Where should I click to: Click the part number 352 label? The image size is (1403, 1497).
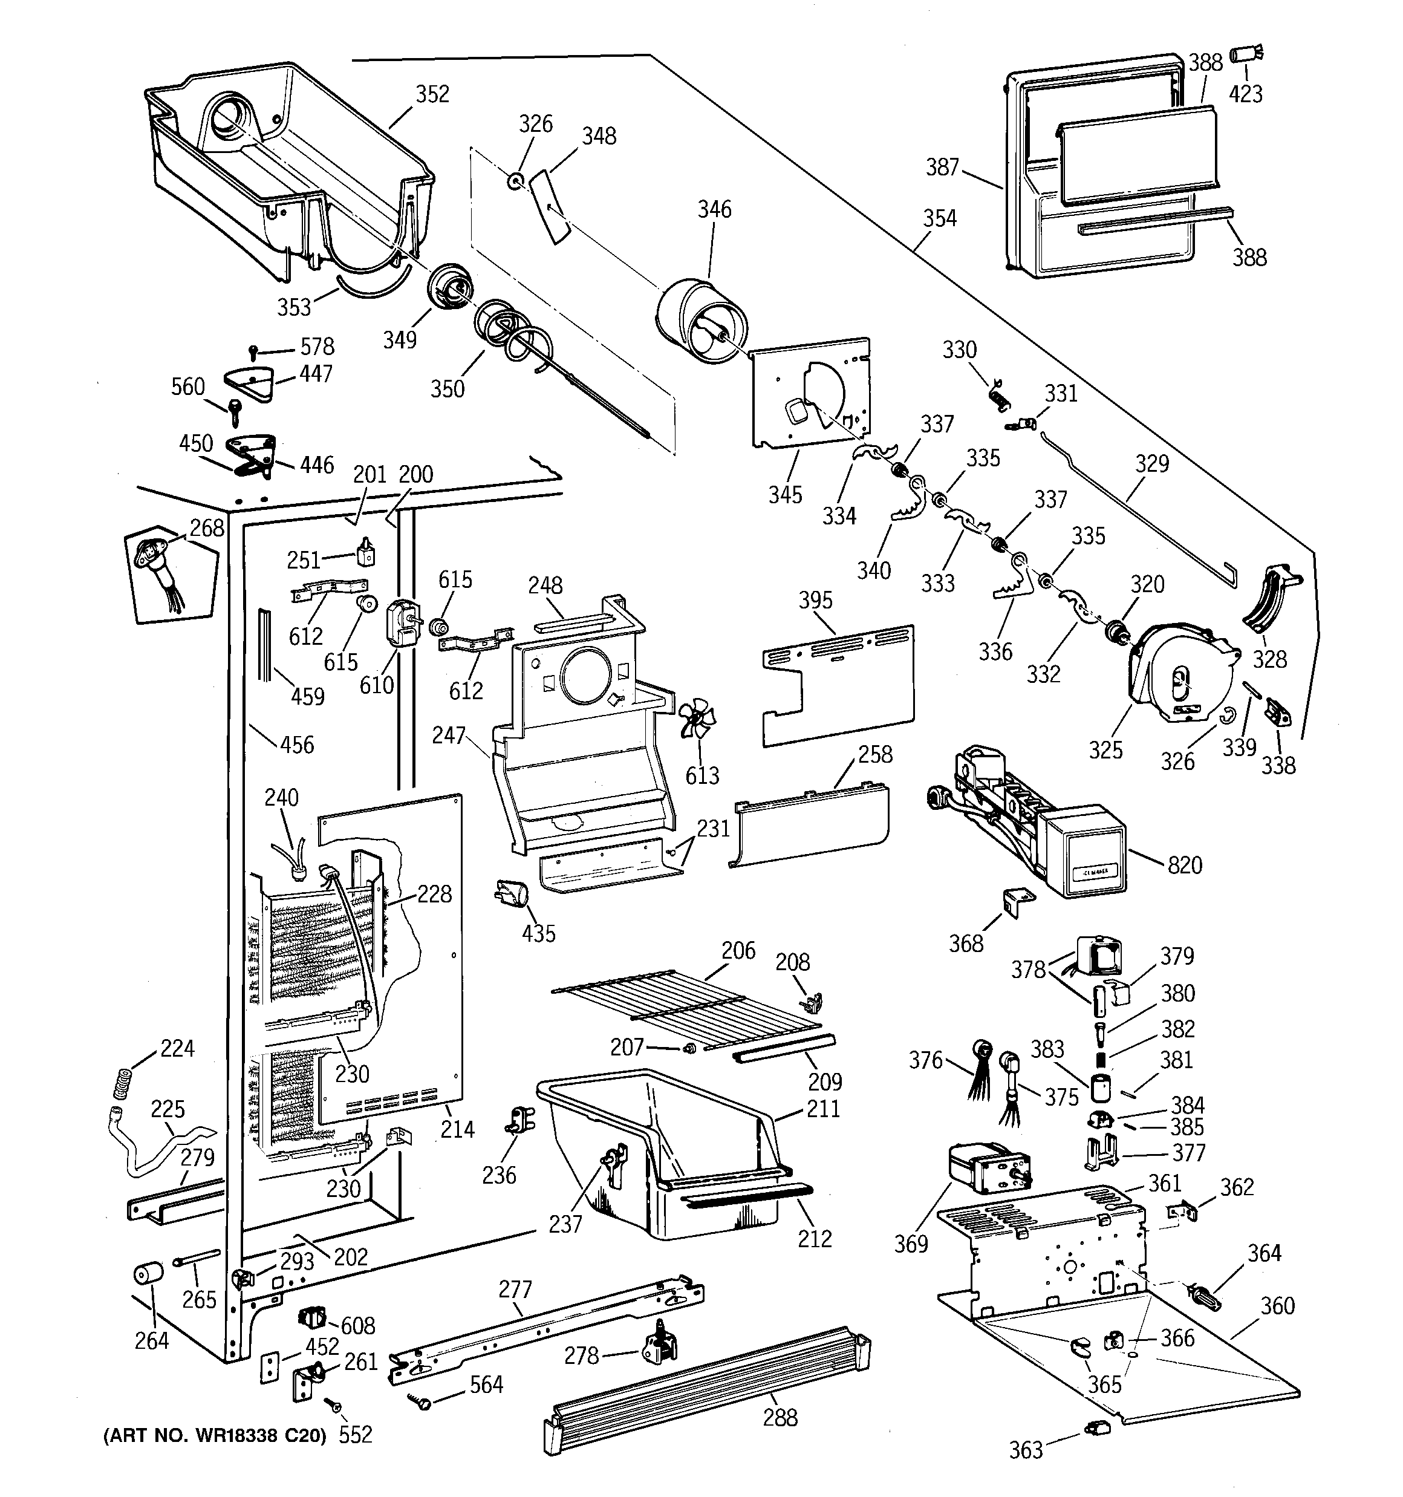432,94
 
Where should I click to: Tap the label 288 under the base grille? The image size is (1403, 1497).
780,1418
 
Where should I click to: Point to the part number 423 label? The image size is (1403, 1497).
1246,94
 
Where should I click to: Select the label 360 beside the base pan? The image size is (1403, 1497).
1277,1306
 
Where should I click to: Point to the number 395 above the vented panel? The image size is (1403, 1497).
816,600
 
